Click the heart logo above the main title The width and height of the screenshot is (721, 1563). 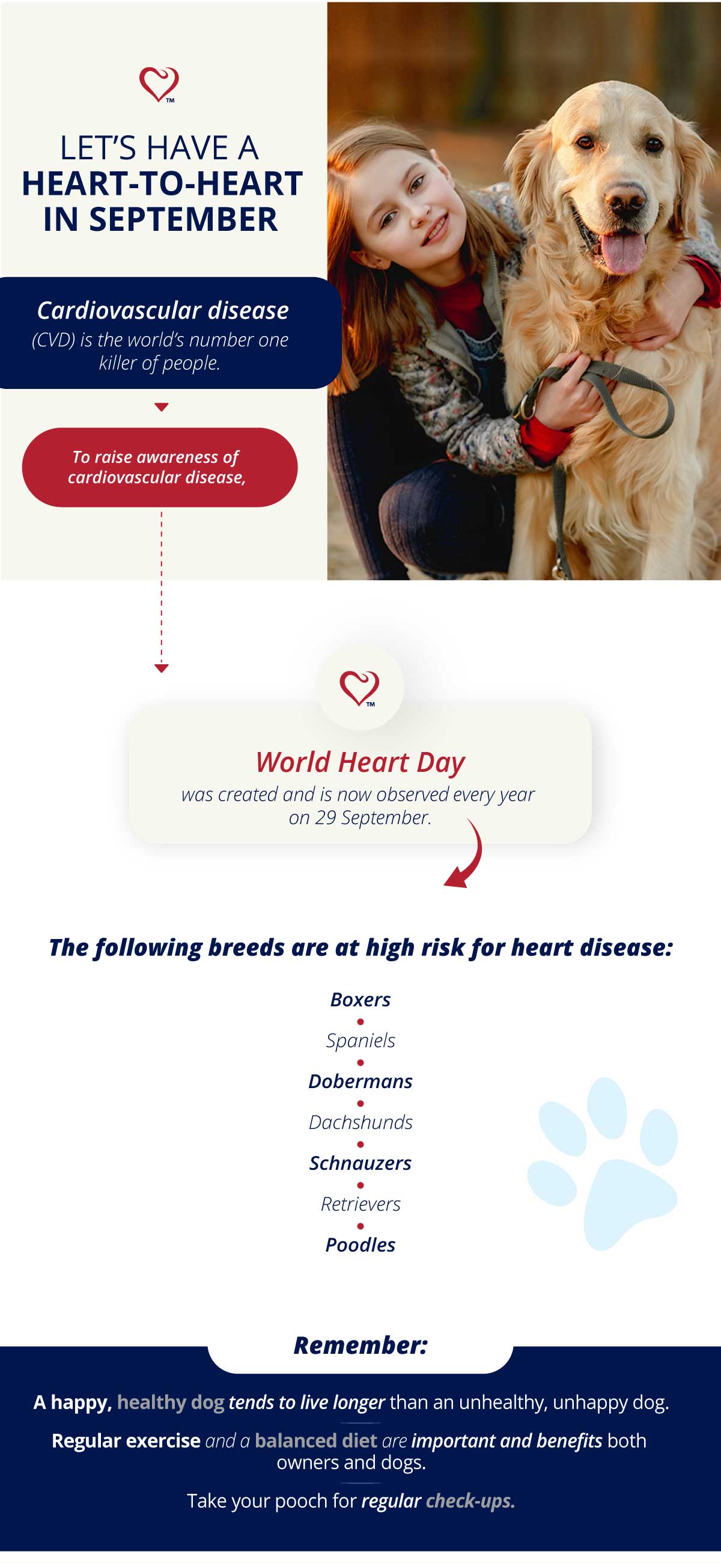click(x=159, y=84)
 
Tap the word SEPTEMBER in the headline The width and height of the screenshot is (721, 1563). click(x=183, y=219)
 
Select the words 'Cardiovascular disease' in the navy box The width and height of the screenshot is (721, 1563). click(x=162, y=311)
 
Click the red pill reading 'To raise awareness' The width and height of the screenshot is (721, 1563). click(x=159, y=467)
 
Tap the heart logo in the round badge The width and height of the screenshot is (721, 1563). click(x=359, y=688)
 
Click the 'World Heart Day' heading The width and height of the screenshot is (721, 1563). click(x=360, y=762)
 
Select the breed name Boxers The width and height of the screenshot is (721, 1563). click(x=360, y=999)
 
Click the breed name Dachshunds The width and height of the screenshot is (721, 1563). click(x=360, y=1122)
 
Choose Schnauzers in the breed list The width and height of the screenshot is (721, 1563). click(x=360, y=1163)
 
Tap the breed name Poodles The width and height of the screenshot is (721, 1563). click(x=360, y=1244)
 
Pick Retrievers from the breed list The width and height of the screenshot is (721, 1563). click(x=360, y=1204)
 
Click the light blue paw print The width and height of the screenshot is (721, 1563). click(x=603, y=1166)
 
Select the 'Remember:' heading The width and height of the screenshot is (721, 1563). click(x=360, y=1345)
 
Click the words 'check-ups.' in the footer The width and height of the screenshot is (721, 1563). click(x=470, y=1500)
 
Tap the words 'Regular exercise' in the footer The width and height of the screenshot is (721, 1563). click(x=126, y=1440)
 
